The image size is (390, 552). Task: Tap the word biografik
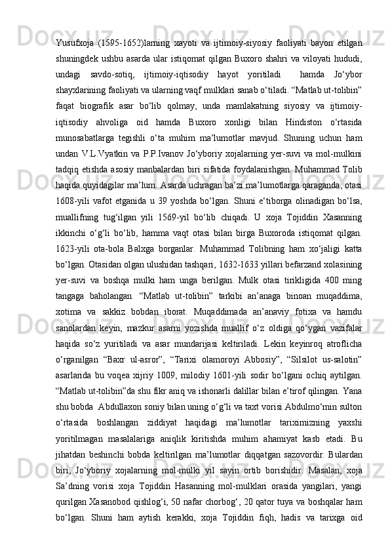click(x=122, y=87)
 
